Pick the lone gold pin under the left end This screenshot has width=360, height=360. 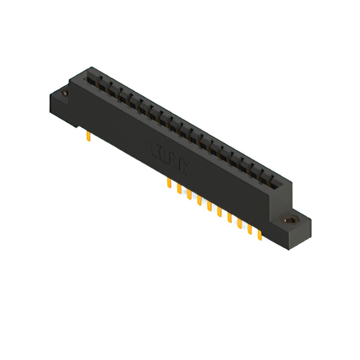click(x=89, y=136)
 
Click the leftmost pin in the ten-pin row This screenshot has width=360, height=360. click(x=169, y=184)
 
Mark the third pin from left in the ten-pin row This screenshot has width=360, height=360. click(x=189, y=195)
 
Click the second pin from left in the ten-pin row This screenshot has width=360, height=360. click(x=179, y=189)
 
